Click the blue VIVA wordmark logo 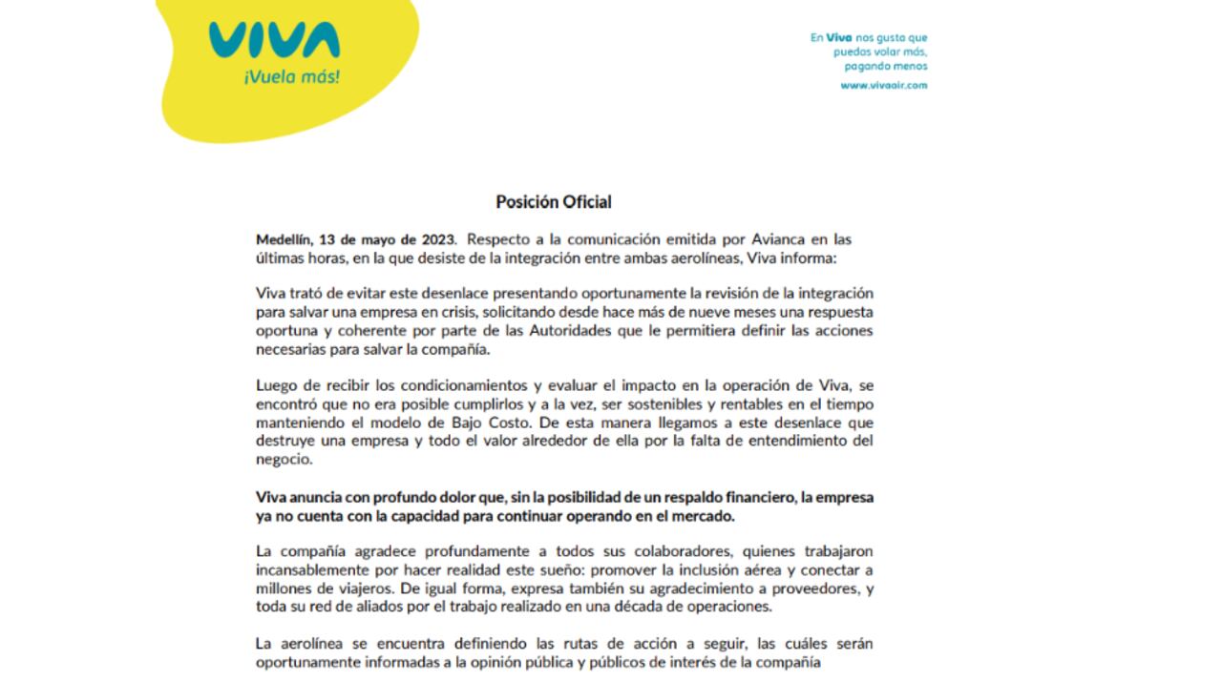(x=274, y=41)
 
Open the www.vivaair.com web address (x=883, y=85)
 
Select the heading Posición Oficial (x=554, y=201)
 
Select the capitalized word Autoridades (x=529, y=330)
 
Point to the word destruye (x=285, y=441)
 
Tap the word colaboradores (x=604, y=551)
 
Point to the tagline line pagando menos (x=886, y=67)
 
